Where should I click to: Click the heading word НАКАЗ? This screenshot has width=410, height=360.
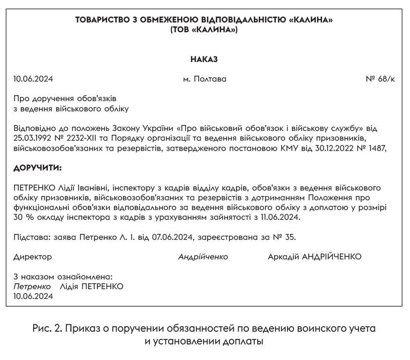[204, 60]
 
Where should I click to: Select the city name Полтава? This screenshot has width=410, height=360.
[210, 79]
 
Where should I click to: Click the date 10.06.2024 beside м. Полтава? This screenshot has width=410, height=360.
[33, 79]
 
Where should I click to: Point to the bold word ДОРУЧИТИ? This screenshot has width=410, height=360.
[38, 168]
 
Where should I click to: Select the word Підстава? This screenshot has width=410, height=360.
[31, 237]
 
